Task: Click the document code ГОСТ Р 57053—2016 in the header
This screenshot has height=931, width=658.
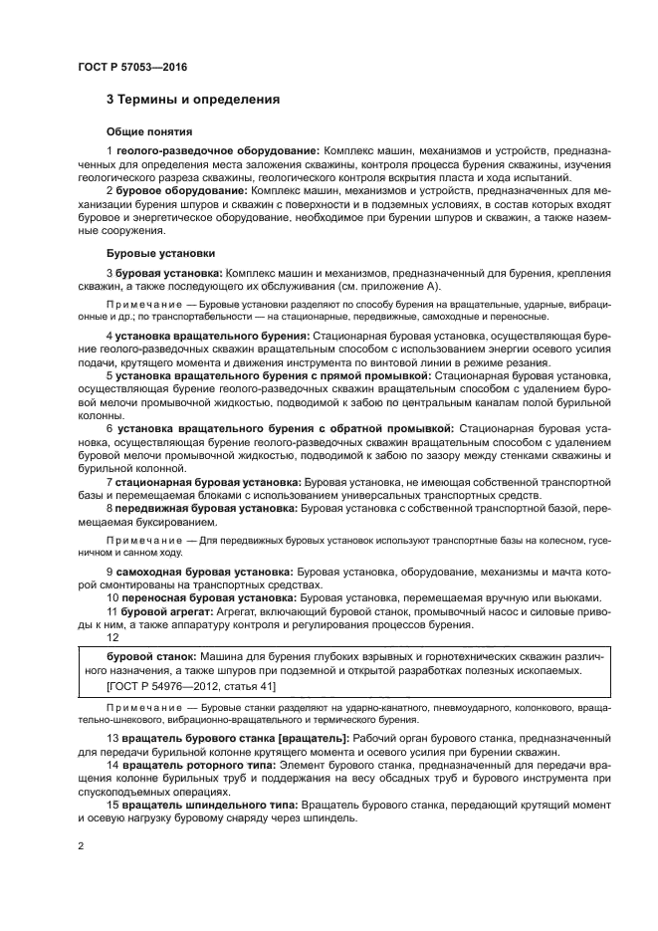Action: coord(131,67)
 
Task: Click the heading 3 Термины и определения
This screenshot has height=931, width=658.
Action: coord(192,100)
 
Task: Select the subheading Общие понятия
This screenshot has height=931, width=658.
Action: coord(148,131)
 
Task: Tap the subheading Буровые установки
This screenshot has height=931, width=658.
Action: coord(160,253)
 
